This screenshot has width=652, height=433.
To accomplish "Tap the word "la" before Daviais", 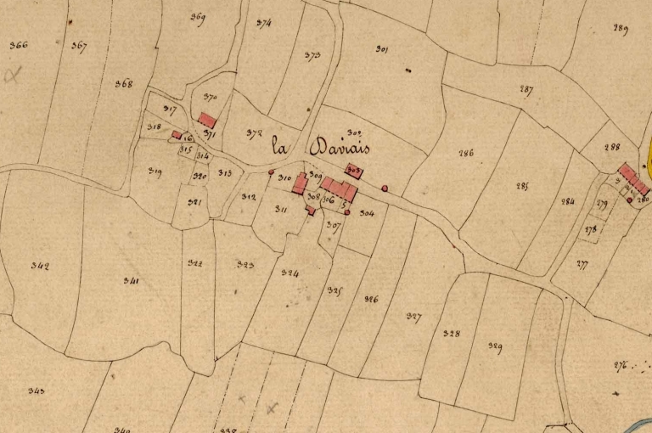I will point(278,146).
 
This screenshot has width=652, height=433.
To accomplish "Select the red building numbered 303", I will point(355,171).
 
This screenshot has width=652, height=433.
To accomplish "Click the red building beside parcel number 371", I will point(207,121).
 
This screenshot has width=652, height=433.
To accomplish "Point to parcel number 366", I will point(18,45).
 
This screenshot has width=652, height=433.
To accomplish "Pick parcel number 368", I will point(124,83).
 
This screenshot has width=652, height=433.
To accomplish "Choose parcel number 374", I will point(262,24).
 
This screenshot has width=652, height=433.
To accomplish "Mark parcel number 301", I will point(381,50).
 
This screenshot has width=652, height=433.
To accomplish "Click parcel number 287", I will point(526,90).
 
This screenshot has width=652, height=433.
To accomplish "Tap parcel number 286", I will point(465,154).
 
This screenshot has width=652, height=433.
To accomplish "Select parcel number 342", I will point(39,266).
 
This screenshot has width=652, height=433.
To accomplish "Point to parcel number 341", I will point(131,280).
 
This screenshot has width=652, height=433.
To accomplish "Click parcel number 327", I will point(413,317).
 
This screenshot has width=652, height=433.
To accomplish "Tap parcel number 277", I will point(582,265).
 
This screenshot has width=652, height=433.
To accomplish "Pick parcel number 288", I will point(611,147).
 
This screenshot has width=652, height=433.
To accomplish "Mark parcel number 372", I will point(253,133).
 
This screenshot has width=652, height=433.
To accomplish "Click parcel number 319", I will point(155,172).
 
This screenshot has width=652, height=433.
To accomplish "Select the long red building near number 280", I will point(632,178).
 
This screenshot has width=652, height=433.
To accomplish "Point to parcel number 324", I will point(289,273).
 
